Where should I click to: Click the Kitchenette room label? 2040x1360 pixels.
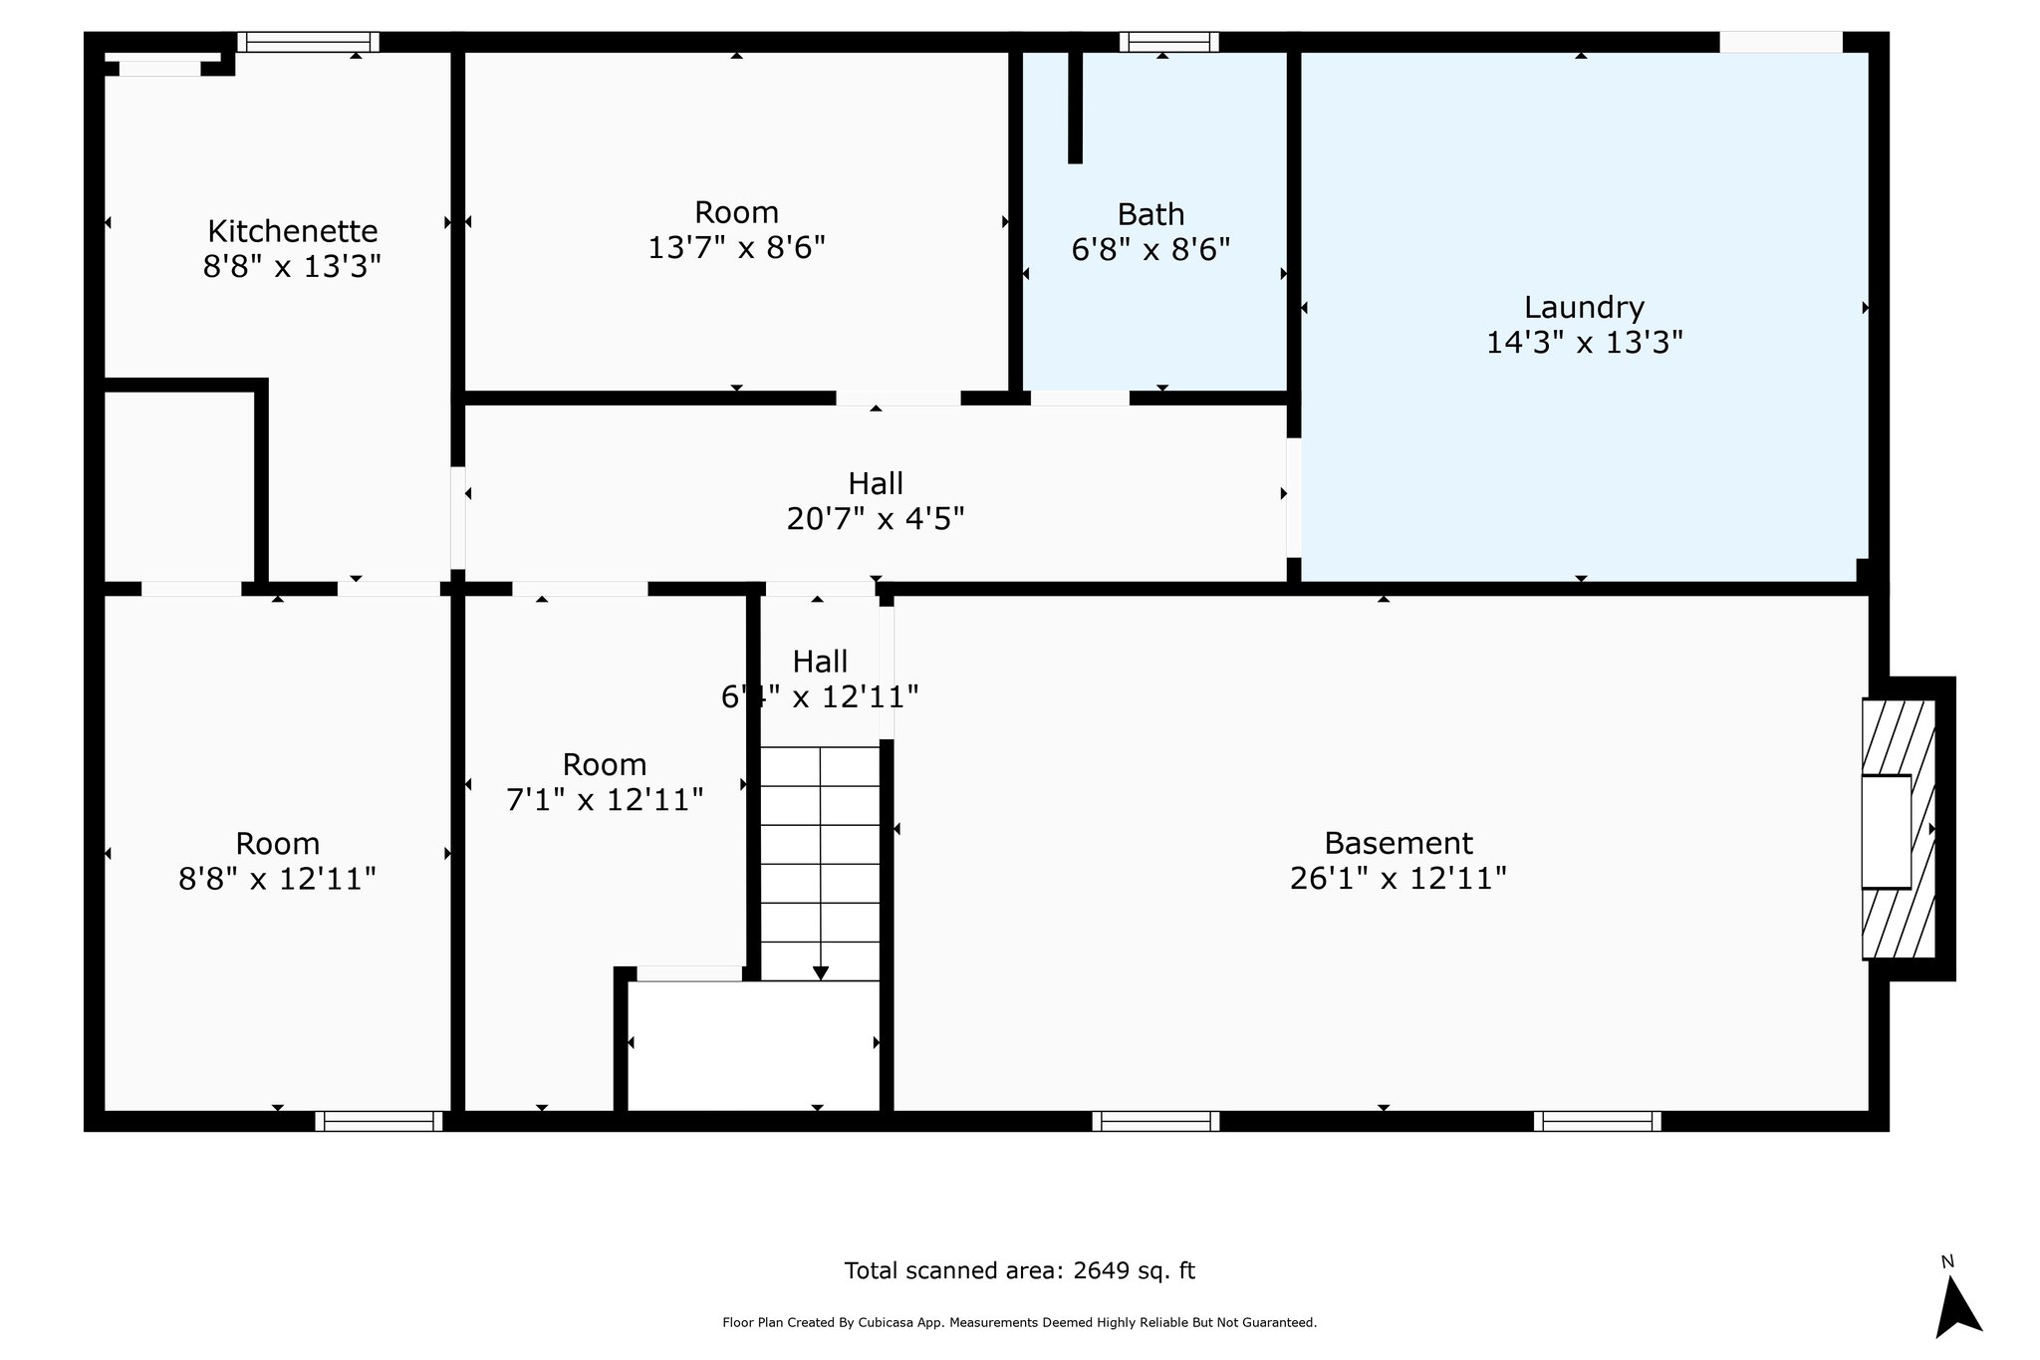292,231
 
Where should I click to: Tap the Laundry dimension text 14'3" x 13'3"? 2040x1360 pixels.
1584,343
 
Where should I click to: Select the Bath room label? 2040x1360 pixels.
1150,214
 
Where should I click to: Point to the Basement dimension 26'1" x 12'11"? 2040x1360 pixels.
1398,879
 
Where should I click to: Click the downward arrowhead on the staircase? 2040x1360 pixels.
820,973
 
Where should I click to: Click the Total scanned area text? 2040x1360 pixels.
1019,1270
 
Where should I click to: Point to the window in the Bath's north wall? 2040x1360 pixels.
1168,42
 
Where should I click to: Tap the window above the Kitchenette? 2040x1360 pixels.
308,42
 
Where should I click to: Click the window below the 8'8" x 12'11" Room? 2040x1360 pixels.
379,1121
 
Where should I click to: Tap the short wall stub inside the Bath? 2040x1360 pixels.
1075,105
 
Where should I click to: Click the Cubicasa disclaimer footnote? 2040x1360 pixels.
1019,1323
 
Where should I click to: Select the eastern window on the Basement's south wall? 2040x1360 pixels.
1598,1121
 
